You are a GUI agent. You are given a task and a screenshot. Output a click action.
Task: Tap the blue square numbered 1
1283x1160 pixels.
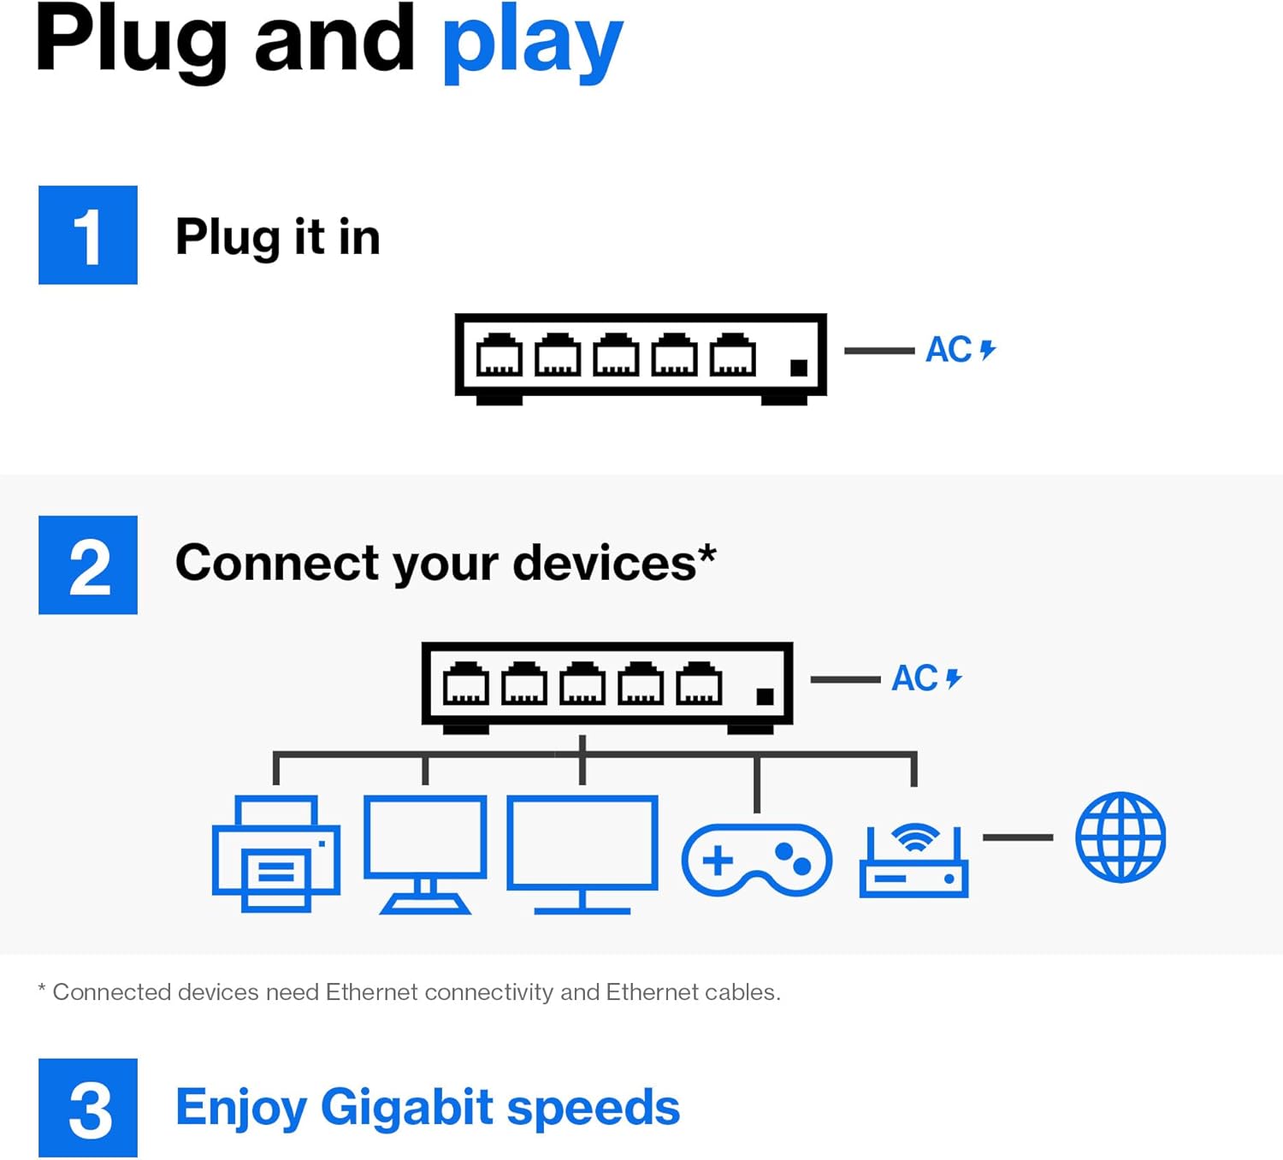tap(88, 235)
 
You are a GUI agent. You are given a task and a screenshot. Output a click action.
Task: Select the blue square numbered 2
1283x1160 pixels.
tap(88, 565)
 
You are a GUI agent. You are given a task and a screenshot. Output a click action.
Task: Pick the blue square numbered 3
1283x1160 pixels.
tap(88, 1109)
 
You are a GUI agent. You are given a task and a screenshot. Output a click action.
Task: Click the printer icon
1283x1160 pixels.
tap(275, 854)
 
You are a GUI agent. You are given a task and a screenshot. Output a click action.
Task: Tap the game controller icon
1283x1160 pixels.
tap(756, 860)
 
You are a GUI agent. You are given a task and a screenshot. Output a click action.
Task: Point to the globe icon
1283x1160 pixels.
tap(1120, 837)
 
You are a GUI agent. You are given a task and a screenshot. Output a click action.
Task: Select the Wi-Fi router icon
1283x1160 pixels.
tap(913, 861)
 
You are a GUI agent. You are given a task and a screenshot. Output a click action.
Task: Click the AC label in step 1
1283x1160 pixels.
tap(949, 350)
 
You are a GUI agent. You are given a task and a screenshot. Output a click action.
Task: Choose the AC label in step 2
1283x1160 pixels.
tap(914, 678)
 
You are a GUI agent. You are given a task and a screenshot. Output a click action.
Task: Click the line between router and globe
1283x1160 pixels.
tap(1018, 837)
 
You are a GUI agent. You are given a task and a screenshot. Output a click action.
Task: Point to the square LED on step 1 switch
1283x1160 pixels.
tap(799, 368)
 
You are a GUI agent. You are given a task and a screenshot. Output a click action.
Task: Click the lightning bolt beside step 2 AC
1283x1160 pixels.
tap(954, 678)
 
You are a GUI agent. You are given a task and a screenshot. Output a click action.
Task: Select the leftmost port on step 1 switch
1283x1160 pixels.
tap(499, 355)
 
